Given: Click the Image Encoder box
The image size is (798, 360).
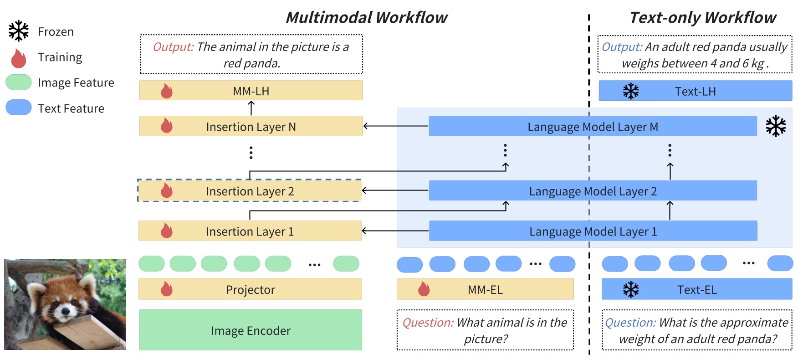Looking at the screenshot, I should pyautogui.click(x=251, y=330).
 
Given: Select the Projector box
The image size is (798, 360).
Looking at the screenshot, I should pyautogui.click(x=251, y=289).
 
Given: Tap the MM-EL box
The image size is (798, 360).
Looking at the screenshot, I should pyautogui.click(x=485, y=289).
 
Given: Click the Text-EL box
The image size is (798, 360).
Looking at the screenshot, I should pyautogui.click(x=697, y=289).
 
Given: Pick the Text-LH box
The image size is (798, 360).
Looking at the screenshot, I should pyautogui.click(x=695, y=91).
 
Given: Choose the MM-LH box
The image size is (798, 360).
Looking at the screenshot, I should pyautogui.click(x=251, y=91).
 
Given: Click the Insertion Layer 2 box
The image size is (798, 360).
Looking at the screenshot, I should pyautogui.click(x=250, y=191).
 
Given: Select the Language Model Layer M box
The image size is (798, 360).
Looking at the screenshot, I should pyautogui.click(x=593, y=126).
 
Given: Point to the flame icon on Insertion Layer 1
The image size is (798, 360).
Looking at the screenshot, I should pyautogui.click(x=167, y=231).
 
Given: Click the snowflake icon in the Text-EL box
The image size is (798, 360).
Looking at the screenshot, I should pyautogui.click(x=631, y=289).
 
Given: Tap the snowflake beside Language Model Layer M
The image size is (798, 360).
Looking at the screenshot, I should pyautogui.click(x=776, y=126).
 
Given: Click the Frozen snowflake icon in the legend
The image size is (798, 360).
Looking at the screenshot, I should pyautogui.click(x=19, y=31).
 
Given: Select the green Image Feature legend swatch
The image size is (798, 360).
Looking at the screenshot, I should pyautogui.click(x=19, y=82).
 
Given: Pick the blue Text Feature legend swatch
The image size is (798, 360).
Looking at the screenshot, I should pyautogui.click(x=19, y=108).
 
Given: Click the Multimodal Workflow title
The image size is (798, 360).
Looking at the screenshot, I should pyautogui.click(x=367, y=17).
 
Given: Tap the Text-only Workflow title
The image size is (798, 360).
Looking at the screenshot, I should pyautogui.click(x=703, y=17).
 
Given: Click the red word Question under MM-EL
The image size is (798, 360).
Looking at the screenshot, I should pyautogui.click(x=428, y=323).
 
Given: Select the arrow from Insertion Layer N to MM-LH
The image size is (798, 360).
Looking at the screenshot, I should pyautogui.click(x=251, y=108).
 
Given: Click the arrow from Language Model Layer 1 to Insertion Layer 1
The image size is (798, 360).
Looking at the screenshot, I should pyautogui.click(x=395, y=231).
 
